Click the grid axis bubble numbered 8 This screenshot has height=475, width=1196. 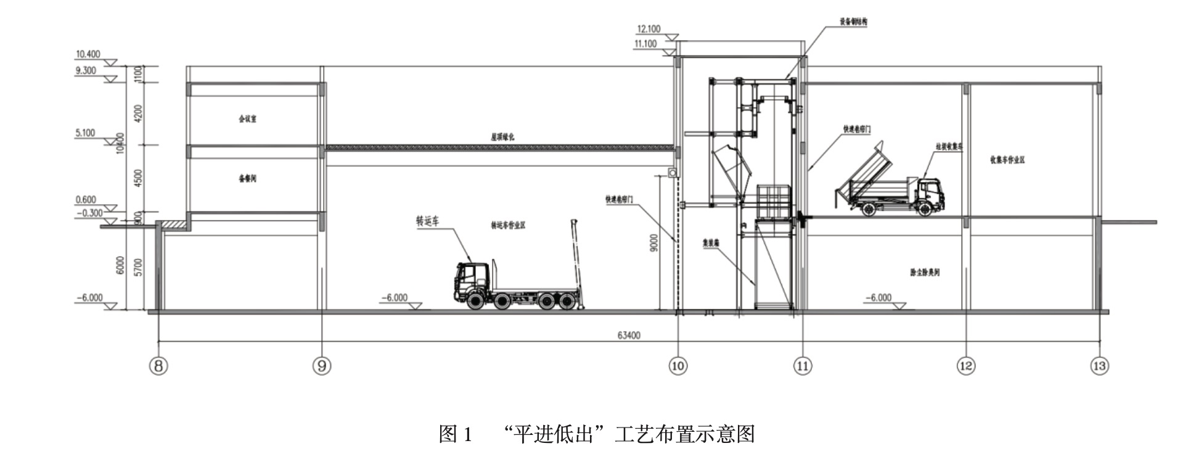point(158,366)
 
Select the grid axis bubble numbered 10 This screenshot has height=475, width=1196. point(678,366)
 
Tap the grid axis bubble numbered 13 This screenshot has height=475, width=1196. point(1099,366)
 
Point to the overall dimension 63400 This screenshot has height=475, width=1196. point(629,335)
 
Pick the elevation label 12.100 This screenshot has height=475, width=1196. point(649,29)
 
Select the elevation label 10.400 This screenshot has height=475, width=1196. point(88,55)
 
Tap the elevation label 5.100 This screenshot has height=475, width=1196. point(85,133)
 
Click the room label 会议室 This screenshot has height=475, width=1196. point(248,118)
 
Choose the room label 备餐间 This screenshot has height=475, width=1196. point(248,179)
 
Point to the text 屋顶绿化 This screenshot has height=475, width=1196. point(502,138)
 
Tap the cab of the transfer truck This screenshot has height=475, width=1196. point(472,281)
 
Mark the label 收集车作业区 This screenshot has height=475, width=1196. point(1007,160)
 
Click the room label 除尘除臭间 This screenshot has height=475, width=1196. point(925,272)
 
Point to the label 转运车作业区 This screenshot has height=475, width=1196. point(508,226)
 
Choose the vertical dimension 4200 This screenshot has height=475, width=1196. point(138,114)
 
